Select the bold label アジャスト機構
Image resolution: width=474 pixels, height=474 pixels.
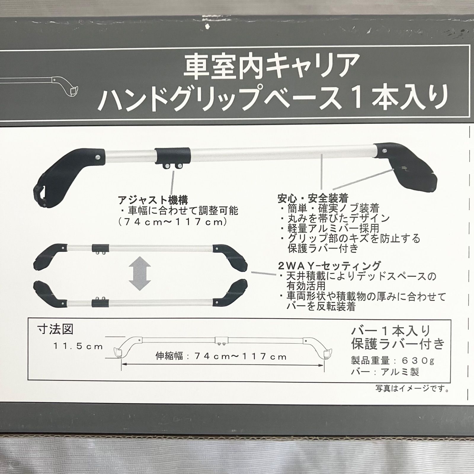(x=153, y=200)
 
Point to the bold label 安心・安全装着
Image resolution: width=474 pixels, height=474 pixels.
(x=313, y=198)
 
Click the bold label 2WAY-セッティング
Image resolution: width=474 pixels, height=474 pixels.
(x=329, y=265)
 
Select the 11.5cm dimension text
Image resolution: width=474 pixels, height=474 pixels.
(x=78, y=346)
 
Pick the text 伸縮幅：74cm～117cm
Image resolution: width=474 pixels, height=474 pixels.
(x=221, y=356)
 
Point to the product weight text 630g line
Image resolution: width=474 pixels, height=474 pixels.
(x=393, y=361)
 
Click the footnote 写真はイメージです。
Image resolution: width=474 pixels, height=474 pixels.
(x=412, y=388)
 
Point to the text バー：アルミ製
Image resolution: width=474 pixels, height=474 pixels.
(x=385, y=371)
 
